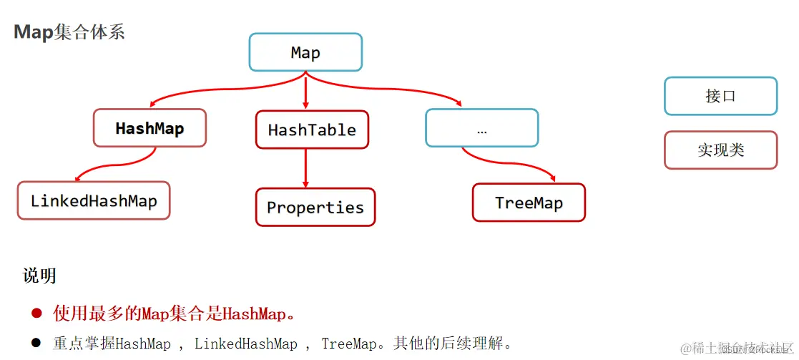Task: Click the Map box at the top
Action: pos(305,53)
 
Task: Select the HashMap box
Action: pos(149,129)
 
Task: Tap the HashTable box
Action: pos(312,130)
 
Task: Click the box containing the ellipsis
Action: pos(481,129)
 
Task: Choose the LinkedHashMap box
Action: pos(94,200)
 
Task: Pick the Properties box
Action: pos(315,208)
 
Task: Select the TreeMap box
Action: pos(529,203)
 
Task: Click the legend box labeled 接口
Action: pos(720,96)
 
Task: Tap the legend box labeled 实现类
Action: pos(720,150)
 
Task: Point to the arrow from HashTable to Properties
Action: pos(306,167)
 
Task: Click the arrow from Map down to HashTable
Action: pos(306,91)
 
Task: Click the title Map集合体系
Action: pos(69,32)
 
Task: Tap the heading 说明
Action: pos(39,276)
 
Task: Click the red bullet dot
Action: pos(36,313)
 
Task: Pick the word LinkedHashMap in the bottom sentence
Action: pos(245,344)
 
